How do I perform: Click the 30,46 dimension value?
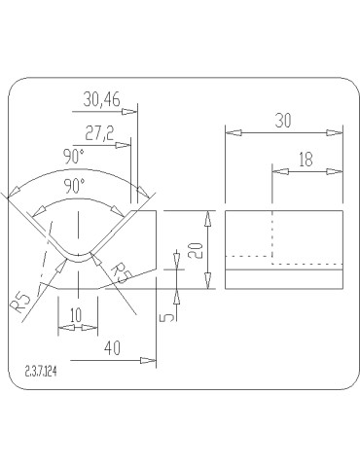coord(101,99)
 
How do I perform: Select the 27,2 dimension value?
coord(99,133)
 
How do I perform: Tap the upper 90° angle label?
coord(74,157)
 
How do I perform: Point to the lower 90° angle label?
coord(74,186)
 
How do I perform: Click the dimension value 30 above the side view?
coord(283,121)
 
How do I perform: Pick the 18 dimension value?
coord(306,160)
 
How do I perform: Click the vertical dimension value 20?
coord(196,250)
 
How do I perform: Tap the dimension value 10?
coord(76,315)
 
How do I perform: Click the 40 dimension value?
coord(112,348)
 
